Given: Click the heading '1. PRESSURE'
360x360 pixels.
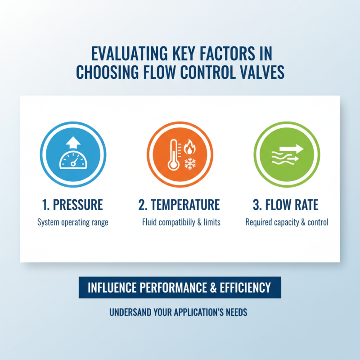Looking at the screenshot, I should coord(73,205).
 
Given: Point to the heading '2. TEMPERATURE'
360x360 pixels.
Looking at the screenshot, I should coord(179,205).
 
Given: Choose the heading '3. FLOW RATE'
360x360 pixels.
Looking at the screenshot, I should coord(286,205).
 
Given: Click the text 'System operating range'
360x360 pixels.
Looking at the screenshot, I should coord(73,222).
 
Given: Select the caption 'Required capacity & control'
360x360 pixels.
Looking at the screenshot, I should coord(287,222).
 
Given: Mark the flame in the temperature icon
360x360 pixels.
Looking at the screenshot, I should coord(189,147).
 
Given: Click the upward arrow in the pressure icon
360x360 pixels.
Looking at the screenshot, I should coord(73,143).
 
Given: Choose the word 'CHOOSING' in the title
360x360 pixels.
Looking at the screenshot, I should coord(104,72).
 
